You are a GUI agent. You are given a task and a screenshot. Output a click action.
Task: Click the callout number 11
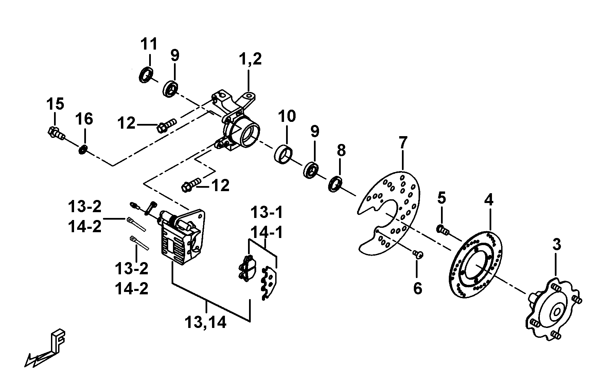coord(149,44)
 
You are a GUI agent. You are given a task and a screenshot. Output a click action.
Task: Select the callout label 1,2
coord(250,59)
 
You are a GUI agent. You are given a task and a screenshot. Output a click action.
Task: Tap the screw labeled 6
coord(418,253)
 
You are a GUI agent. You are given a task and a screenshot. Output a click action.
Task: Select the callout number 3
coord(556,244)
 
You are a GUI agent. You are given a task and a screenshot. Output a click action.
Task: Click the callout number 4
coord(488,200)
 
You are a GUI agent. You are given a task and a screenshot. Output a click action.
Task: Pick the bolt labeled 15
coord(55,132)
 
